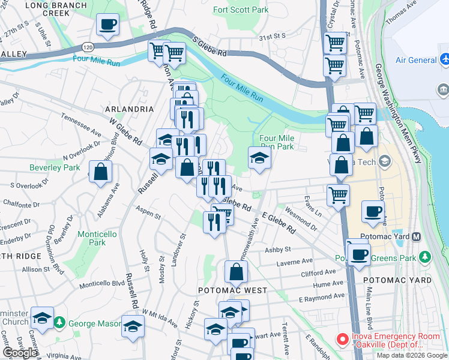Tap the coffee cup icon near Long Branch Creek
(108, 25)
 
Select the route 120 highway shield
(88, 47)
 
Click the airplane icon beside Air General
(445, 60)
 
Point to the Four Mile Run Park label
(277, 142)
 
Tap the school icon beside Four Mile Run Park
(259, 158)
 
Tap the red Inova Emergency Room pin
(342, 340)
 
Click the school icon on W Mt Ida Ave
(133, 326)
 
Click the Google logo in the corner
(20, 353)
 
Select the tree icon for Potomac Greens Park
(425, 257)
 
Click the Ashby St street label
(279, 249)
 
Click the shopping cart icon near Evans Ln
(339, 194)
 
